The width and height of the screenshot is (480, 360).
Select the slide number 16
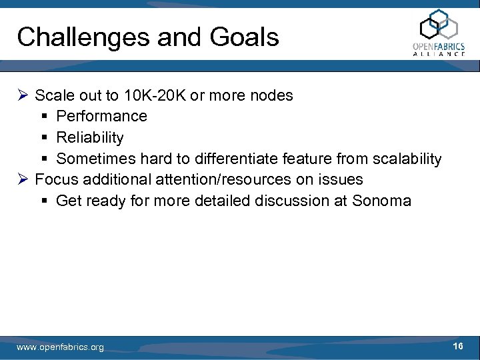[457, 346]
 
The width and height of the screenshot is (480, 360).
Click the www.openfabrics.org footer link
[60, 347]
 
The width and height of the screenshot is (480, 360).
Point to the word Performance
[101, 116]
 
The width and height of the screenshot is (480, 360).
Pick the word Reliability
[90, 137]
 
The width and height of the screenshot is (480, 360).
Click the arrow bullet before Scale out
[23, 95]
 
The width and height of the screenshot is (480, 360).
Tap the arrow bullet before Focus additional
[23, 179]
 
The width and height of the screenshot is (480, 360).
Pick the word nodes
[270, 95]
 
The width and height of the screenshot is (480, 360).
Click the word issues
[341, 179]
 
